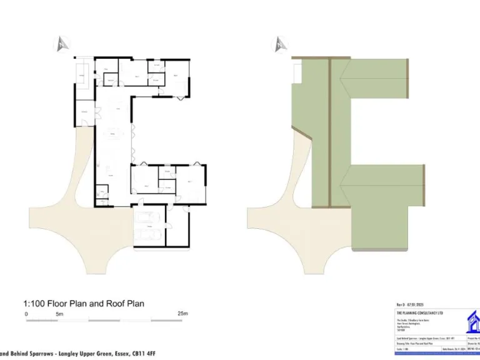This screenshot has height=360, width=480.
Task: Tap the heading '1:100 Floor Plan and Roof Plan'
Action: tap(84, 304)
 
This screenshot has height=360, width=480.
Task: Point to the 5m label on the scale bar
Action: tap(60, 314)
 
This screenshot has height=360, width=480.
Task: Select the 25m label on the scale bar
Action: tap(182, 314)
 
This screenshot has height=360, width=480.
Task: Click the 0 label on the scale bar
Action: tap(26, 314)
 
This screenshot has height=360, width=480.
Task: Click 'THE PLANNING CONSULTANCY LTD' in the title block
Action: tap(419, 312)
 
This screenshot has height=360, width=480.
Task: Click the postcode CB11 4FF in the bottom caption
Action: tap(141, 354)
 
